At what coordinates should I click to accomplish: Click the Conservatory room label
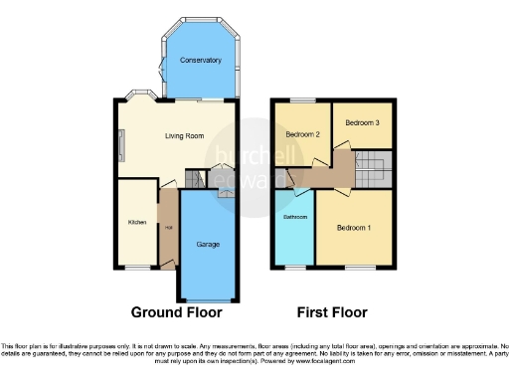[200, 61]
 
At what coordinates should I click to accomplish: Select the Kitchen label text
[136, 222]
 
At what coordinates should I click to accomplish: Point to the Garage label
[208, 244]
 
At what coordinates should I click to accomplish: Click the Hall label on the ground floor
[167, 228]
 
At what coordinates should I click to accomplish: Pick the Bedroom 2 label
[301, 134]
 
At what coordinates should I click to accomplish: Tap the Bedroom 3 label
[361, 122]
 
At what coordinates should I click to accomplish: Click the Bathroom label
[295, 216]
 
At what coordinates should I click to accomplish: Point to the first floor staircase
[376, 167]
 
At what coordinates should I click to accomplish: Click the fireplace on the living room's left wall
[121, 147]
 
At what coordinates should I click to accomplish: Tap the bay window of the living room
[135, 96]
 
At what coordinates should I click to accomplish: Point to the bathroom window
[295, 267]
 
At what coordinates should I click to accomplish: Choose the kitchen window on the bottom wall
[136, 267]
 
